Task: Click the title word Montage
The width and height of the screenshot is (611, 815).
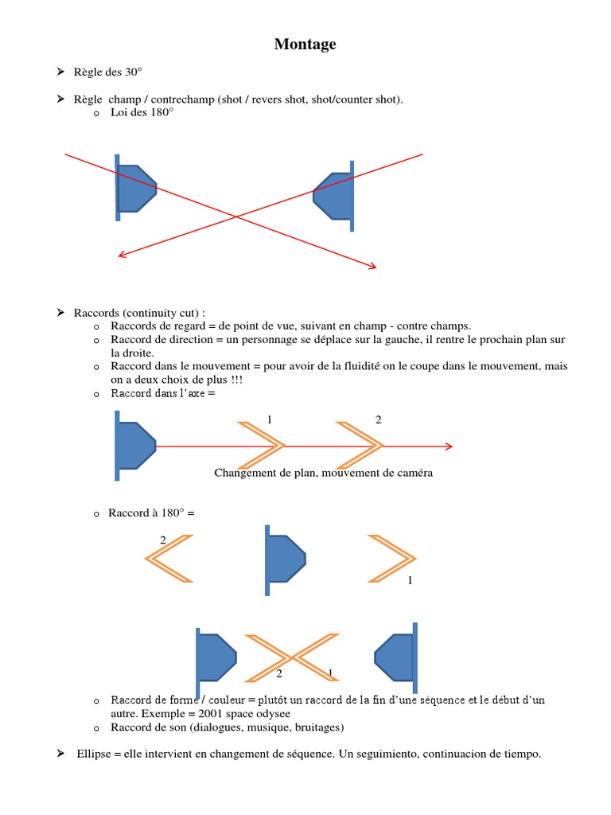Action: pyautogui.click(x=305, y=45)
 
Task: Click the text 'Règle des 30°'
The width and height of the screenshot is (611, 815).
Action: pyautogui.click(x=107, y=72)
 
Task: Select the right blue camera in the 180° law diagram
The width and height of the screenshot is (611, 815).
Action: pyautogui.click(x=334, y=196)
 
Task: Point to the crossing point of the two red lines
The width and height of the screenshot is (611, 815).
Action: pyautogui.click(x=235, y=216)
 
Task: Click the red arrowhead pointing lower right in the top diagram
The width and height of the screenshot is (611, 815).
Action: pyautogui.click(x=372, y=267)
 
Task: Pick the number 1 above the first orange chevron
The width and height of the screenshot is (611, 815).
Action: pyautogui.click(x=270, y=419)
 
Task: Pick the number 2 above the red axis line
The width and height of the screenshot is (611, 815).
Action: pyautogui.click(x=378, y=419)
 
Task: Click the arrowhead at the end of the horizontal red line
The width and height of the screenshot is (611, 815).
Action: pyautogui.click(x=449, y=446)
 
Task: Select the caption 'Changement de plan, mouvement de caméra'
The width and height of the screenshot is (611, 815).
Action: pyautogui.click(x=324, y=473)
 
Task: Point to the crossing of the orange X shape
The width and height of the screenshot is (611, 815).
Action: pyautogui.click(x=292, y=657)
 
